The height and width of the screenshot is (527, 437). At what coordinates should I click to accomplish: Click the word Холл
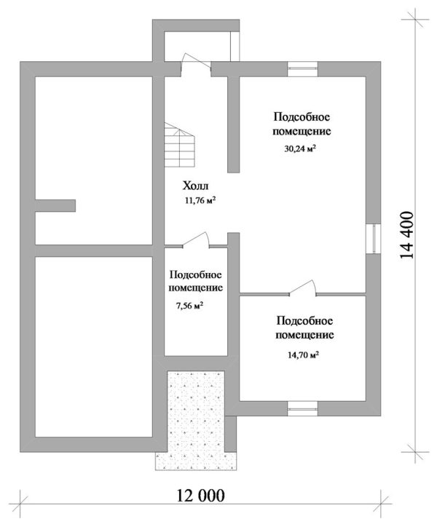(x=195, y=186)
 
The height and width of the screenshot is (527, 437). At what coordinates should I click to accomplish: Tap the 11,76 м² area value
(x=200, y=201)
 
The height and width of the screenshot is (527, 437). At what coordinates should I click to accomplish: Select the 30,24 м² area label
(x=300, y=148)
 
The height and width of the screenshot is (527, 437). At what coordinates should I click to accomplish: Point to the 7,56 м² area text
(x=189, y=306)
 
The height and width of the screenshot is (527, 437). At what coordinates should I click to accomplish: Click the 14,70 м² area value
(x=304, y=355)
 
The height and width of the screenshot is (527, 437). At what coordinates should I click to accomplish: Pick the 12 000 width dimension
(x=200, y=496)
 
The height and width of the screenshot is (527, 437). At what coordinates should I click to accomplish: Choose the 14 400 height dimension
(x=406, y=235)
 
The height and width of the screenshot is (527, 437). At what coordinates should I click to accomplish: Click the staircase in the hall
(x=180, y=145)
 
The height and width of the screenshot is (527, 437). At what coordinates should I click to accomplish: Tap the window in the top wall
(x=303, y=69)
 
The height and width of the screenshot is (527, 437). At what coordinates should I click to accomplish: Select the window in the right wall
(x=374, y=238)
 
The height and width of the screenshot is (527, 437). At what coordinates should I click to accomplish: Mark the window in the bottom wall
(x=303, y=408)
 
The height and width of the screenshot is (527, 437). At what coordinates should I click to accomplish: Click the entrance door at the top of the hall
(x=196, y=65)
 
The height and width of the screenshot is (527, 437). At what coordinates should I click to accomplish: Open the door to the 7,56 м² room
(x=196, y=241)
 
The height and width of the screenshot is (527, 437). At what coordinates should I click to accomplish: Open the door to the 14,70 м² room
(x=303, y=288)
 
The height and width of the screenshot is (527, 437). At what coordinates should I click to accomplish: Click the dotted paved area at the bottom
(x=196, y=420)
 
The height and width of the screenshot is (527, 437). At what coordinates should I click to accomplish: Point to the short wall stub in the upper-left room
(x=55, y=206)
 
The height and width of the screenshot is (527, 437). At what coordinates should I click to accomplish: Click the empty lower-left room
(x=94, y=347)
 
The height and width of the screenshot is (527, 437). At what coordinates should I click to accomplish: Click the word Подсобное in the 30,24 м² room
(x=302, y=117)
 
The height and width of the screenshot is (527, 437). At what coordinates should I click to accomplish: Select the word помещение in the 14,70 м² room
(x=304, y=335)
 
